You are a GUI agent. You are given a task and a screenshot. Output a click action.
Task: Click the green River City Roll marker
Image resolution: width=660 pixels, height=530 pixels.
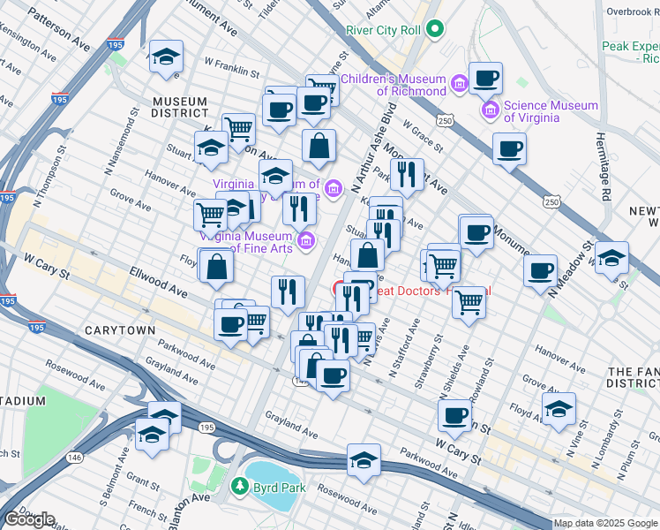pos(434,29)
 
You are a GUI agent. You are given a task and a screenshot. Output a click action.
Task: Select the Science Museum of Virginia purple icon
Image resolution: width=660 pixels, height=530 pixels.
pos(490,110)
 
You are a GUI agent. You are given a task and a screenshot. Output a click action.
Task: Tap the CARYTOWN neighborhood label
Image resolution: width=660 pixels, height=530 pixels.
pos(119,329)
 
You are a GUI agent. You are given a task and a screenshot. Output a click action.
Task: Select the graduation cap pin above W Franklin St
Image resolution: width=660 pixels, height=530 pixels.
pos(165,57)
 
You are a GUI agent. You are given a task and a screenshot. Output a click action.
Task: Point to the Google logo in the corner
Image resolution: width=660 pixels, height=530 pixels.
pos(29,519)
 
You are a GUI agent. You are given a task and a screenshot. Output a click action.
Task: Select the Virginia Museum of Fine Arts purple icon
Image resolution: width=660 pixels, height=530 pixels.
pos(306,239)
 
